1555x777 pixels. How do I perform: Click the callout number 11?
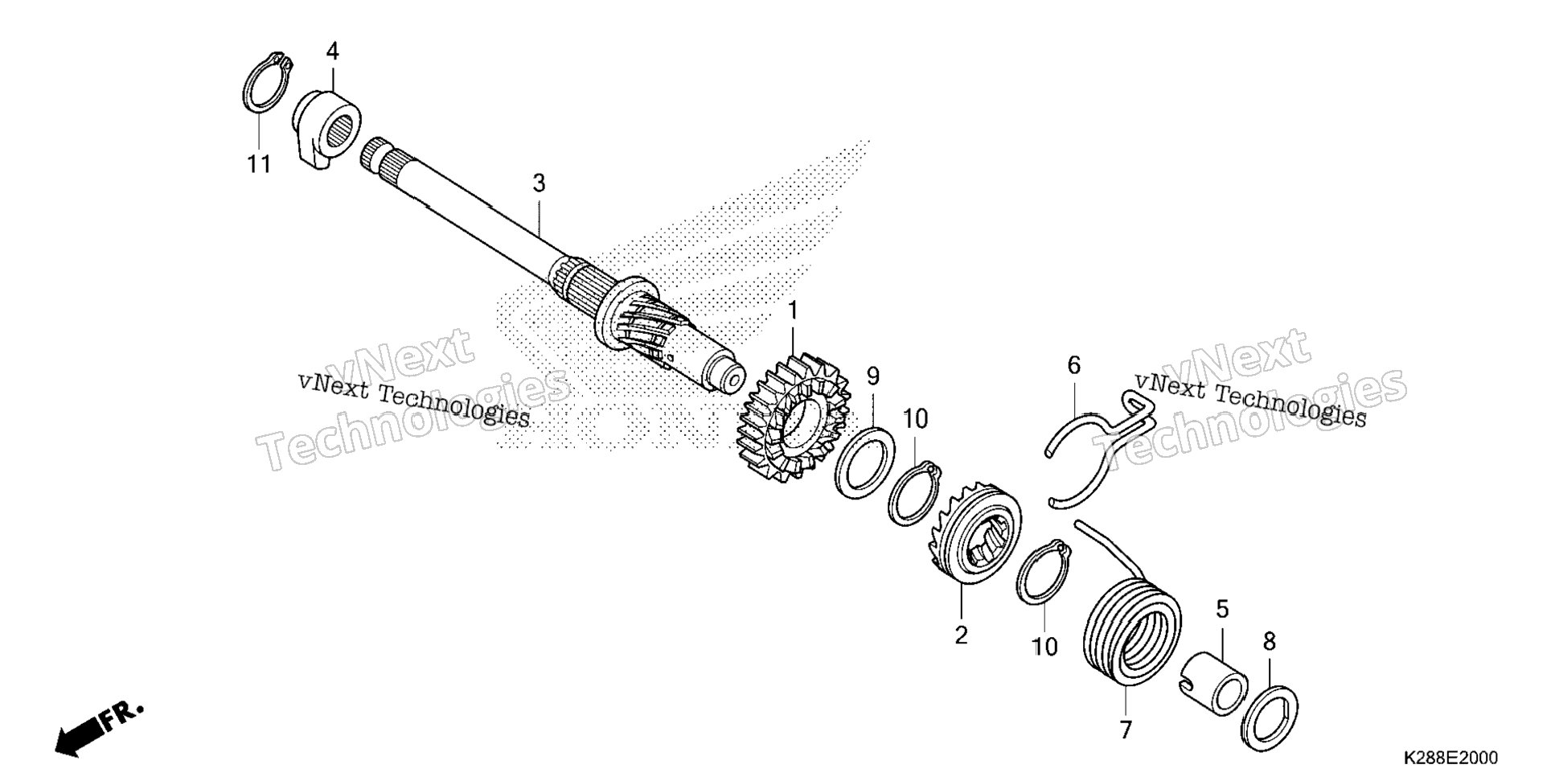pos(258,164)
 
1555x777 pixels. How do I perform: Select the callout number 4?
pos(332,51)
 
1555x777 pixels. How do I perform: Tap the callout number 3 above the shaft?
pos(539,183)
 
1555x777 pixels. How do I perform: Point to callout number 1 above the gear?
pos(793,310)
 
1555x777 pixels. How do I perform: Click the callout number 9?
pos(873,376)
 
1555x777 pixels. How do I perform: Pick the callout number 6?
pos(1074,366)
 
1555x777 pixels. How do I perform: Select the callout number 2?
pos(962,635)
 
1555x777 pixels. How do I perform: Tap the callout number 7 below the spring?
pos(1126,730)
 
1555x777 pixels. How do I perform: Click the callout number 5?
pos(1222,609)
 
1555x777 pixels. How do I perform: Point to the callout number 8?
pos(1270,642)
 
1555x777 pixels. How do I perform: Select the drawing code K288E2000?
pos(1450,758)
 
